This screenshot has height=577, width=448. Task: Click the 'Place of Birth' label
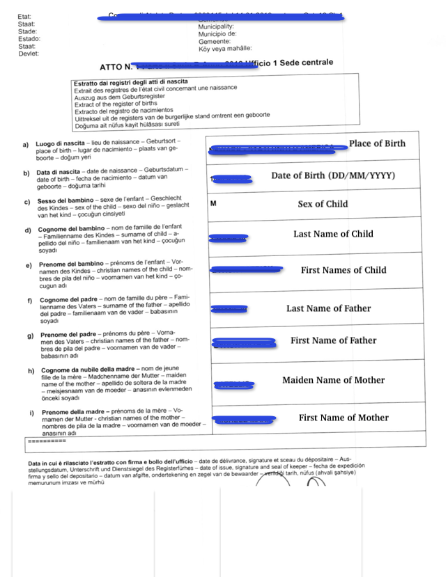376,143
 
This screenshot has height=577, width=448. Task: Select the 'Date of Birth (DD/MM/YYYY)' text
333,175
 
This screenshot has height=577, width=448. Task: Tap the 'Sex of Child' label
323,204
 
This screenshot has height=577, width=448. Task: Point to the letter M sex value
213,204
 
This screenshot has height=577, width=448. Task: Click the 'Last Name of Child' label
333,234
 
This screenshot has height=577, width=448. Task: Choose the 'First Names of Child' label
343,270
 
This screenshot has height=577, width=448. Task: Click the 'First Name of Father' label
333,340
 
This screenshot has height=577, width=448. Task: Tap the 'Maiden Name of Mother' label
333,380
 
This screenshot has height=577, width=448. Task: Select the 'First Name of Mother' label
343,418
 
